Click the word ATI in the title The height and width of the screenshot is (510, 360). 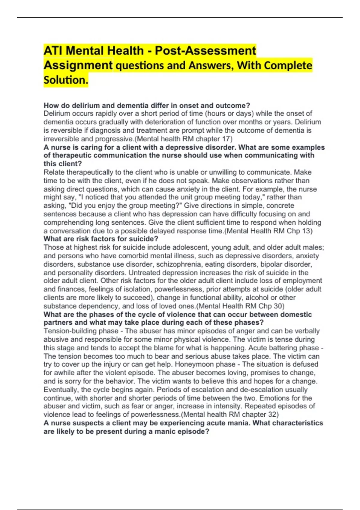point(53,51)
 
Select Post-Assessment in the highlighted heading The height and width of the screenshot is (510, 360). point(205,51)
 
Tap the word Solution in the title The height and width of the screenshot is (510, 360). point(65,80)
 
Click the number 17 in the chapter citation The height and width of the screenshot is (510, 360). point(226,139)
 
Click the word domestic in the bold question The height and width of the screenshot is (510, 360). point(295,314)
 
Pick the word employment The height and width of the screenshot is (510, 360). point(301,281)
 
